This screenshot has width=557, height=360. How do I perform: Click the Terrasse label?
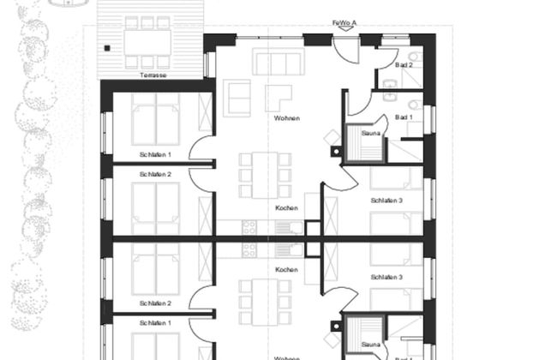pyautogui.click(x=153, y=75)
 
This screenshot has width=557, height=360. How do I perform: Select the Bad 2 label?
pyautogui.click(x=404, y=65)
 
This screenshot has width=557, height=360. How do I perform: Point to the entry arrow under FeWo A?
pyautogui.click(x=344, y=29)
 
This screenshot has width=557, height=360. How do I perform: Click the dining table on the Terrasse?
pyautogui.click(x=147, y=42)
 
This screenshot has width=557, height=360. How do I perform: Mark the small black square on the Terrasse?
pyautogui.click(x=107, y=49)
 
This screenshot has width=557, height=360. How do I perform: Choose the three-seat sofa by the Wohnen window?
pyautogui.click(x=279, y=62)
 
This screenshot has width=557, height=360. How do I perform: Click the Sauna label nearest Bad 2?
pyautogui.click(x=370, y=133)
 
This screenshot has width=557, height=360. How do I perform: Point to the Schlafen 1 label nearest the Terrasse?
pyautogui.click(x=155, y=154)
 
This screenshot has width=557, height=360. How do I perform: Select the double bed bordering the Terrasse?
pyautogui.click(x=155, y=123)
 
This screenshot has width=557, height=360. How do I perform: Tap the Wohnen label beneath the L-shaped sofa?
pyautogui.click(x=287, y=118)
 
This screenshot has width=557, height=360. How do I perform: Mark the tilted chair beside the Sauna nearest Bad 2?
pyautogui.click(x=332, y=137)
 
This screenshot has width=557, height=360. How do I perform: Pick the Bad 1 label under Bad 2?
pyautogui.click(x=404, y=117)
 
